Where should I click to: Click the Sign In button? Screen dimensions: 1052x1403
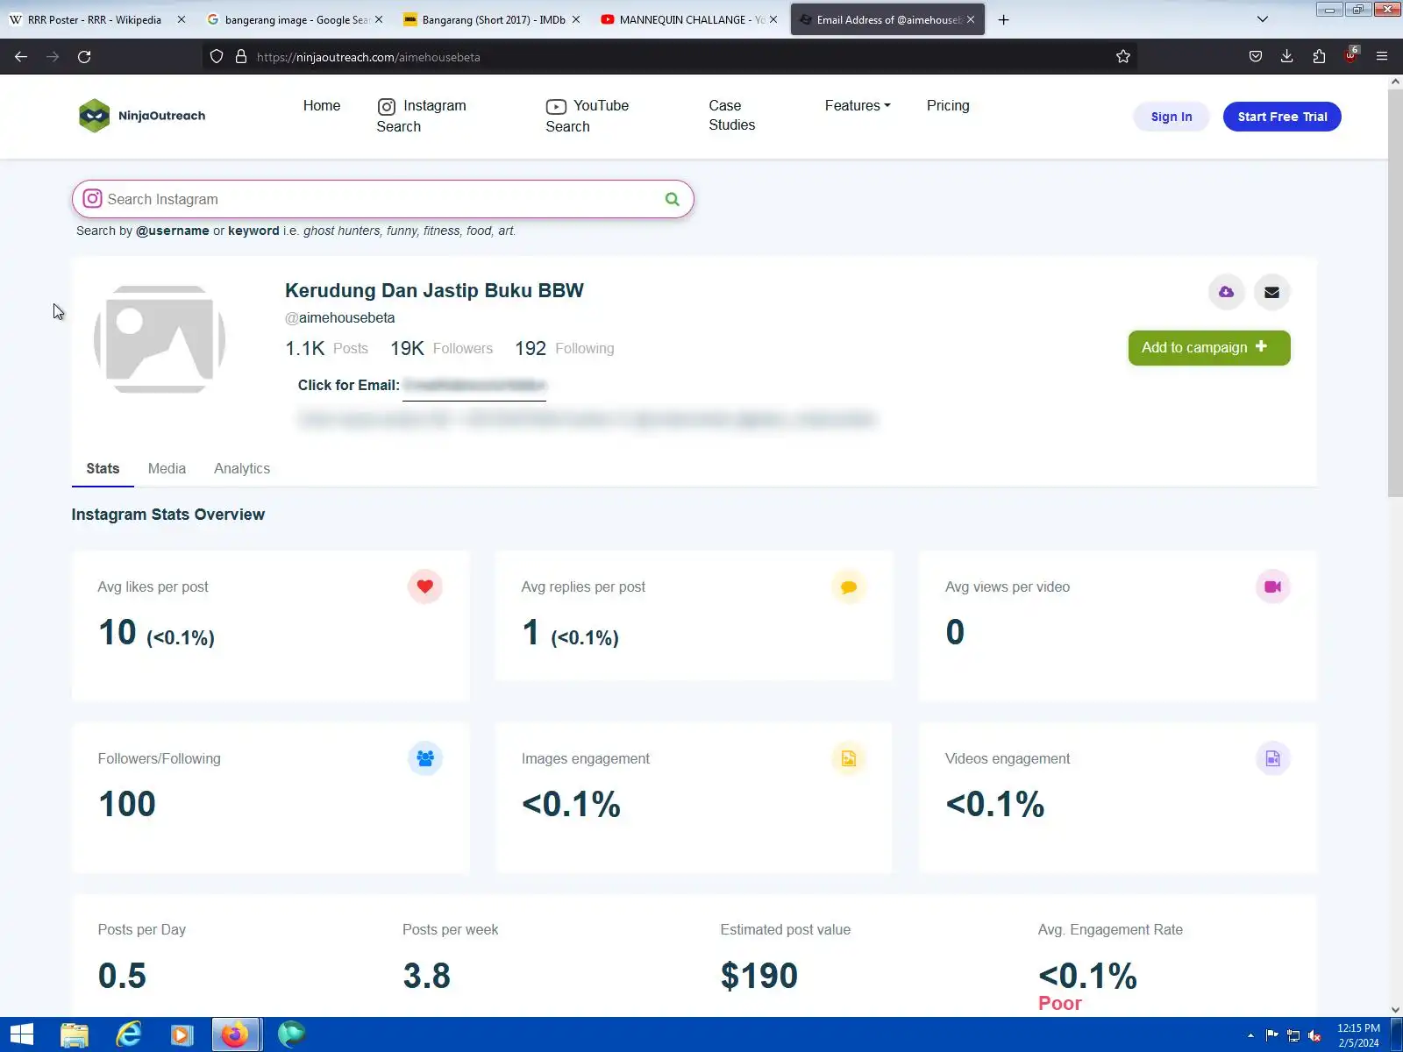tap(1171, 117)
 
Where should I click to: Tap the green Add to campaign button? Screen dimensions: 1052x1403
tap(1208, 348)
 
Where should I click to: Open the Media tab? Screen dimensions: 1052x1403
tap(167, 469)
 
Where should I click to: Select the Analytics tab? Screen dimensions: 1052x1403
tap(242, 469)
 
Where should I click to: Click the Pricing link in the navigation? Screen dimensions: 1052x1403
tap(948, 106)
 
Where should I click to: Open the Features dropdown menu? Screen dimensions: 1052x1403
tap(857, 106)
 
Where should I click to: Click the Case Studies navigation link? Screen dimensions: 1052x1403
tap(731, 115)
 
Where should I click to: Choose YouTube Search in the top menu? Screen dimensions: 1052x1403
tap(587, 116)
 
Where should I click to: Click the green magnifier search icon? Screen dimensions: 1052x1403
tap(672, 200)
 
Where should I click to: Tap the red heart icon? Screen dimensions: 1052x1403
tap(424, 586)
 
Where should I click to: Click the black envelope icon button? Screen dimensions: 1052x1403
tap(1271, 292)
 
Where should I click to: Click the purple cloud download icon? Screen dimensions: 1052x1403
tap(1226, 292)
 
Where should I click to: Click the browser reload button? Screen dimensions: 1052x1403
tap(84, 57)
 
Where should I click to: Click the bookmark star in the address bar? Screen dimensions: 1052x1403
tap(1123, 57)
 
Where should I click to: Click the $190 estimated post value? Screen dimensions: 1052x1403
tap(758, 976)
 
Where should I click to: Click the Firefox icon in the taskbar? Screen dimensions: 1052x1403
tap(235, 1034)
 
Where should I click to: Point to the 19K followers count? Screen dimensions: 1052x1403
tap(407, 349)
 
